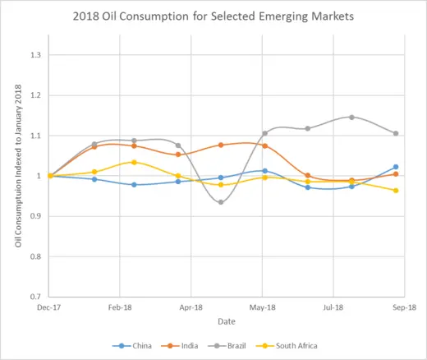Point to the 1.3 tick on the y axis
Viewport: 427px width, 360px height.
[36, 55]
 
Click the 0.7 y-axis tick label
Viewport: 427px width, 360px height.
[36, 297]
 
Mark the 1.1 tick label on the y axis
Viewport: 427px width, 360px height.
[36, 136]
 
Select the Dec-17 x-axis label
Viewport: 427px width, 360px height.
[49, 307]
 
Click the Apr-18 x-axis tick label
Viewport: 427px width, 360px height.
[191, 307]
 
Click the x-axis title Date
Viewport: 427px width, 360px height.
[227, 321]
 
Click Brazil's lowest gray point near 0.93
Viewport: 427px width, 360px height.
[221, 202]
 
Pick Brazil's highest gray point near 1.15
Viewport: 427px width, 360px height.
[351, 117]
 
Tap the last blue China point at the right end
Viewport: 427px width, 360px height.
[396, 167]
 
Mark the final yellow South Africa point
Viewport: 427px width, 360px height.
[396, 191]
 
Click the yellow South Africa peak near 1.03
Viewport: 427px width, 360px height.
[135, 162]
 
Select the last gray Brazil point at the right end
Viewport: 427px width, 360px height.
[396, 133]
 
